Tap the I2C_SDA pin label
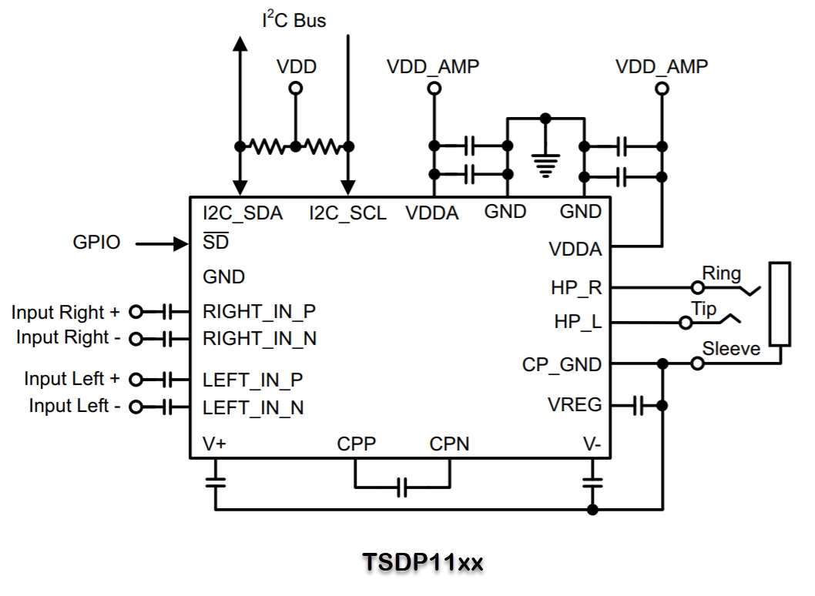[242, 213]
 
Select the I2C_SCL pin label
[347, 213]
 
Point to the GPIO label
[96, 243]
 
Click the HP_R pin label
[576, 288]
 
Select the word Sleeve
[731, 349]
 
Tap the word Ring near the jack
[721, 273]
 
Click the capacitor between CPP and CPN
[401, 487]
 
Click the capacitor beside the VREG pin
[637, 406]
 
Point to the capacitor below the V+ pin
[216, 483]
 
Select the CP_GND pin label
[562, 364]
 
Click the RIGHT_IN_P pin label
[260, 312]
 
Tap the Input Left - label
[74, 406]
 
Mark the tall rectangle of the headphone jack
[780, 304]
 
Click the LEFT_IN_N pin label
[253, 407]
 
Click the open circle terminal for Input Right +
[136, 312]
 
